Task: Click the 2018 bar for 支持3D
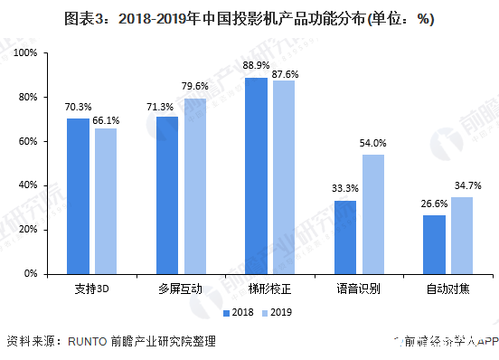tap(79, 195)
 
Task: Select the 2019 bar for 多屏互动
tap(195, 185)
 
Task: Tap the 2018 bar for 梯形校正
tap(256, 175)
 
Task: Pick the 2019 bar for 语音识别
tap(373, 213)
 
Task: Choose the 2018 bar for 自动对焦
tap(434, 244)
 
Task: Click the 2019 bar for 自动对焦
tap(461, 235)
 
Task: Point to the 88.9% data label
tap(256, 65)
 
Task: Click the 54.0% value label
tap(373, 143)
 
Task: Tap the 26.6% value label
tap(434, 204)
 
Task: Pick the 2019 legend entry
tap(275, 312)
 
